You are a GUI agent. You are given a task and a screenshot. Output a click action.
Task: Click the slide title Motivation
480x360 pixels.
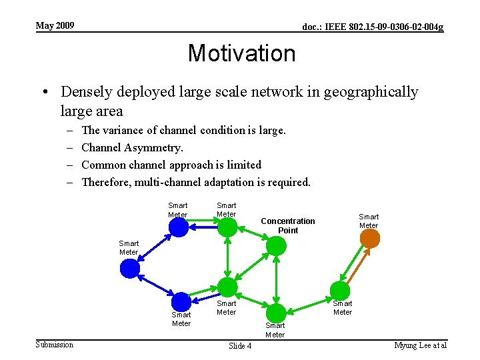(x=241, y=53)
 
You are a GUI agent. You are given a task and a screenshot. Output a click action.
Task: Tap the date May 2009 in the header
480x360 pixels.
(x=55, y=26)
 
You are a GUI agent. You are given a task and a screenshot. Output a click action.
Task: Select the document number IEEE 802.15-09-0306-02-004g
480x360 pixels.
(x=373, y=27)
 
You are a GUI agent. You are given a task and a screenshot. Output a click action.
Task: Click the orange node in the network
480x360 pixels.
(x=370, y=239)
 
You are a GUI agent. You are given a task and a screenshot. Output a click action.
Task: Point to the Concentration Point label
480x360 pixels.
(x=287, y=225)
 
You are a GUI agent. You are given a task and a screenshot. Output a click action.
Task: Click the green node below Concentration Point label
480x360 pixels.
(x=275, y=246)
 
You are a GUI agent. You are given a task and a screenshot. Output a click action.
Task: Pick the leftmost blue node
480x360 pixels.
(x=130, y=269)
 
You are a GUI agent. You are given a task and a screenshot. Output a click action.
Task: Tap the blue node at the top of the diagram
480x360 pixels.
(x=178, y=227)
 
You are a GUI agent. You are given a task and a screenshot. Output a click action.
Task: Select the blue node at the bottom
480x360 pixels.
(x=181, y=302)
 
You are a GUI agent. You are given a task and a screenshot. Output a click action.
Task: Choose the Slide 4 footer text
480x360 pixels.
(x=240, y=346)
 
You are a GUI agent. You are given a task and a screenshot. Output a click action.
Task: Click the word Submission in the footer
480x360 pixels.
(x=55, y=344)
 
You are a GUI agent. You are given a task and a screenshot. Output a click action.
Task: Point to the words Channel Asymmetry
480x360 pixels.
(x=132, y=147)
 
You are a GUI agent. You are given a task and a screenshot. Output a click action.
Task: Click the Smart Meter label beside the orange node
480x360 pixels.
(x=369, y=221)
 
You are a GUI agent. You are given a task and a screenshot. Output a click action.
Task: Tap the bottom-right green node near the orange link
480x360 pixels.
(x=341, y=291)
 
